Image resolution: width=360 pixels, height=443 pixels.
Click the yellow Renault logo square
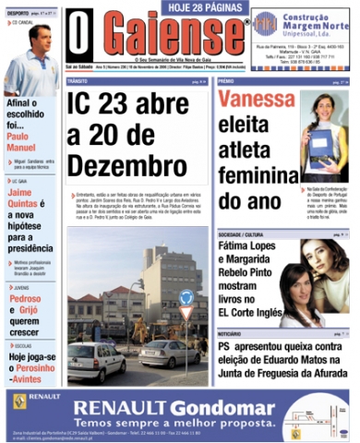[x=20, y=400]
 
